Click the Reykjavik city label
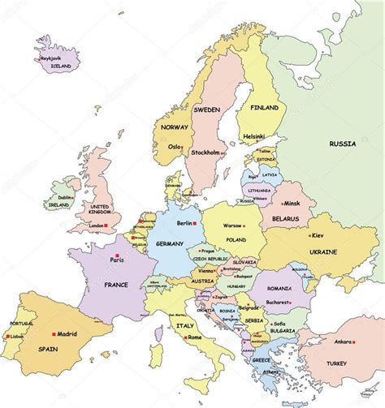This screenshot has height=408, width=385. pyautogui.click(x=47, y=58)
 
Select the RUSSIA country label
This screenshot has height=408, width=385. pyautogui.click(x=342, y=144)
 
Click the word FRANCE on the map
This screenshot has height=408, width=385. pyautogui.click(x=116, y=285)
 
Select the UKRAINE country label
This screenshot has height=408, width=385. pyautogui.click(x=324, y=252)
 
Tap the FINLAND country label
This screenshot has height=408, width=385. pyautogui.click(x=264, y=108)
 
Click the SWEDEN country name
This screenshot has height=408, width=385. pyautogui.click(x=207, y=110)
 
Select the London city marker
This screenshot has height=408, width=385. pyautogui.click(x=110, y=225)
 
